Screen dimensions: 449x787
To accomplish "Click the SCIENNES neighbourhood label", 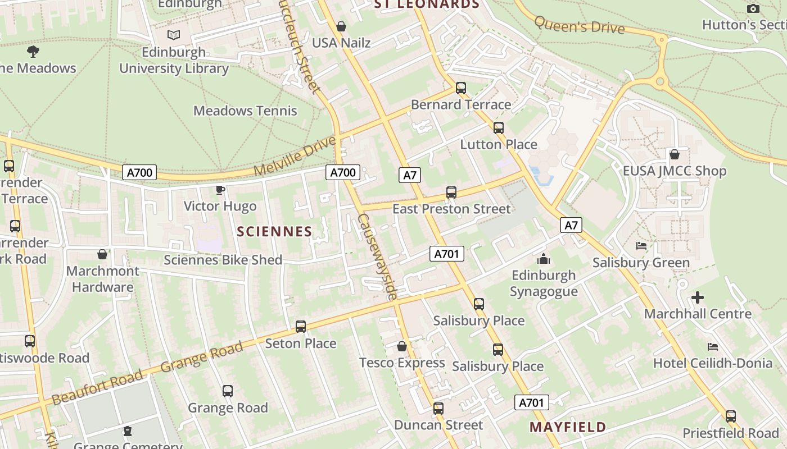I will (x=274, y=231).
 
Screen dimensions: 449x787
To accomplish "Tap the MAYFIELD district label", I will (x=568, y=427).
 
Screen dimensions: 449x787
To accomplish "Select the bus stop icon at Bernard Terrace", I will (x=461, y=88).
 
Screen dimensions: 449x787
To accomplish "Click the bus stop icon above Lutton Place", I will (x=499, y=128).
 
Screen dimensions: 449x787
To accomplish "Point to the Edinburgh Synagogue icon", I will (x=544, y=259).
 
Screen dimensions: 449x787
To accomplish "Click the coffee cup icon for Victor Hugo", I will (x=220, y=190).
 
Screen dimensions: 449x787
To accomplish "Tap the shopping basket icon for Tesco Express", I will (x=402, y=346).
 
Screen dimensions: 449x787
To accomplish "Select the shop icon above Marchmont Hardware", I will (x=102, y=255).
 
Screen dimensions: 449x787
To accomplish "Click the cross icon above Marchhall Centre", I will (x=698, y=297).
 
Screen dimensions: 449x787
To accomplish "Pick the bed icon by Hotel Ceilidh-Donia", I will (x=713, y=347).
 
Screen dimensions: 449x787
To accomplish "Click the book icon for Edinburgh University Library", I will (x=174, y=35).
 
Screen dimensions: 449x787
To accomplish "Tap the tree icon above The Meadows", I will (x=33, y=52).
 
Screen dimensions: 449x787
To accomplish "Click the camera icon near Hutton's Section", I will (x=753, y=8).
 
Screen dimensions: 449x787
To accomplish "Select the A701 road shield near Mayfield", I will (x=531, y=402).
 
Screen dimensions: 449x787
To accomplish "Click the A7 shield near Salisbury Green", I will (x=571, y=226).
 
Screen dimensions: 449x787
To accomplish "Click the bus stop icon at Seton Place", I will (x=301, y=327).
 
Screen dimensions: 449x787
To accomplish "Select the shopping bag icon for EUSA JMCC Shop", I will (x=675, y=154).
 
